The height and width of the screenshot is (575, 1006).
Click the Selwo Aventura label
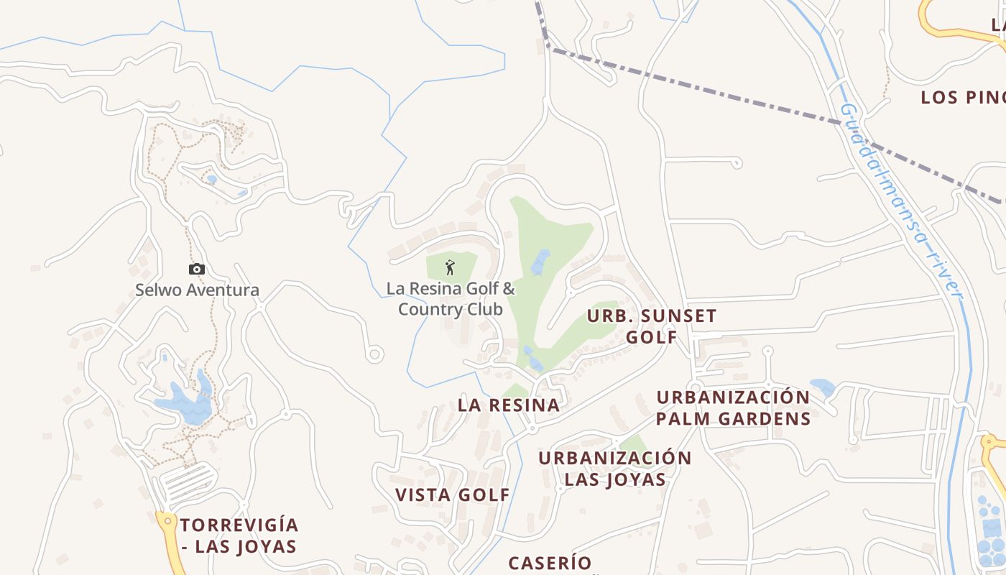(197, 290)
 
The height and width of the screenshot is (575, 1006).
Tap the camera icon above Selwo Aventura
(196, 270)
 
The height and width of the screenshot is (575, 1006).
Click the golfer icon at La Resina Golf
(451, 267)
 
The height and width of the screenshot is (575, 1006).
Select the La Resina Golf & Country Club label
(451, 299)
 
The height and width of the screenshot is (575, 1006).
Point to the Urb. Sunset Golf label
(652, 326)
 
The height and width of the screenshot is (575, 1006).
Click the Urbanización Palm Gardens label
(733, 408)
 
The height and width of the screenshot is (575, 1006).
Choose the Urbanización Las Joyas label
(614, 468)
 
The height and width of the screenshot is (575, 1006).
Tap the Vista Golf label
(453, 494)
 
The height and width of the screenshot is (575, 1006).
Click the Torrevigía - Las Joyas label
(239, 535)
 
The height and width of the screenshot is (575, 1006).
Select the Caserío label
(550, 563)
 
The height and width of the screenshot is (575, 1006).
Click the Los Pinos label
(963, 98)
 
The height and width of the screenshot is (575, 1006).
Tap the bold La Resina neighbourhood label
(509, 405)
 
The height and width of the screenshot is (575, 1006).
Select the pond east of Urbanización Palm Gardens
(822, 387)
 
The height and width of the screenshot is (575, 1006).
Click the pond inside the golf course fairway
(540, 263)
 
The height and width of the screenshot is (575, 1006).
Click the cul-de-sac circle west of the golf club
(374, 354)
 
